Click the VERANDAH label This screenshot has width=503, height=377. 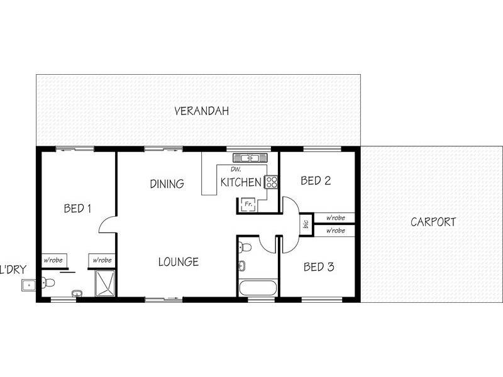(x=201, y=111)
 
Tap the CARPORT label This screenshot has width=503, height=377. (x=433, y=222)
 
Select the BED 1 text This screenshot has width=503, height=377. (x=78, y=209)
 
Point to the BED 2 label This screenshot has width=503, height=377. (x=316, y=181)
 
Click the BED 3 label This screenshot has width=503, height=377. (x=318, y=267)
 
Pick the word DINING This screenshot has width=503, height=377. (x=167, y=184)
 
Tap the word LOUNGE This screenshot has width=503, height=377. (x=179, y=262)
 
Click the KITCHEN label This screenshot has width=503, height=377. (x=241, y=183)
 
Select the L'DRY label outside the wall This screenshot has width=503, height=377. (x=12, y=270)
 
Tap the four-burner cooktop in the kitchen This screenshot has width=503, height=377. (x=272, y=182)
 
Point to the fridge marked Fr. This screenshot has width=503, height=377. (x=246, y=204)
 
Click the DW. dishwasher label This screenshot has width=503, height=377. (x=236, y=170)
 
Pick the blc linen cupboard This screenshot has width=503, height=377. (x=306, y=224)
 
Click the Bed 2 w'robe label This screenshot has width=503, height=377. (x=335, y=218)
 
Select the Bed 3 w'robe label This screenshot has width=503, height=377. (x=335, y=231)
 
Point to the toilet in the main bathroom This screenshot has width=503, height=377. (x=245, y=247)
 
